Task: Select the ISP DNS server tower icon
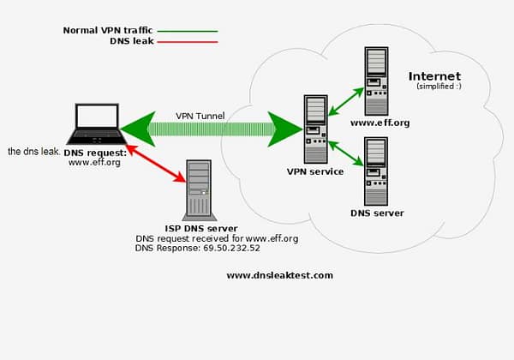[x=198, y=189]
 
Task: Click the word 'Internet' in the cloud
[x=434, y=76]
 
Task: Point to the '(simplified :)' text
[x=438, y=87]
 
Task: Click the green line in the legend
[x=188, y=31]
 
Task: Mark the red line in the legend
[x=188, y=41]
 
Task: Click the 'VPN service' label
[x=314, y=172]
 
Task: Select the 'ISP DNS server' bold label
[x=200, y=229]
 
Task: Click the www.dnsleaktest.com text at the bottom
[x=279, y=276]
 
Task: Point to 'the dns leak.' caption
[x=33, y=151]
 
